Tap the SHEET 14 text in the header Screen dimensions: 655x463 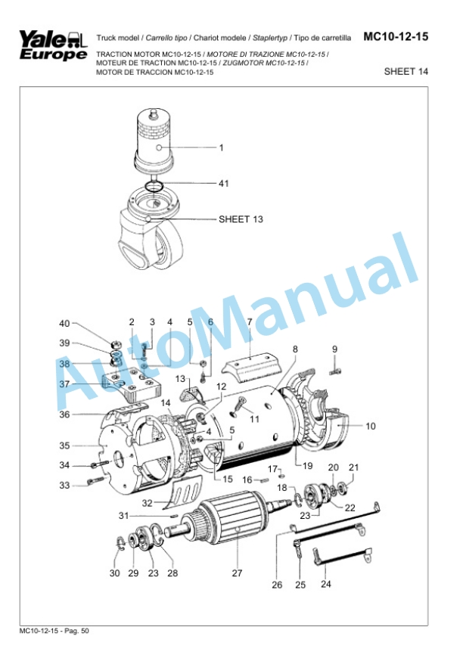tap(406, 72)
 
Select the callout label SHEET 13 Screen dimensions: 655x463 tap(241, 220)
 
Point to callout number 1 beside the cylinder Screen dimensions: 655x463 tap(222, 148)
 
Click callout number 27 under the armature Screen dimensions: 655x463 tap(237, 573)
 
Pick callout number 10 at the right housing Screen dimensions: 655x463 tap(371, 427)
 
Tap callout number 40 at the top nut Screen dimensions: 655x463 tap(64, 324)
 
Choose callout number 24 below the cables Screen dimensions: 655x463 tap(326, 583)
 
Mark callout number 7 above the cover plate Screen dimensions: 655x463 tap(248, 322)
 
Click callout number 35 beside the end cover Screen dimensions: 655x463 tap(64, 445)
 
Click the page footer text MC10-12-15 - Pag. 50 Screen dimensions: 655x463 tap(54, 630)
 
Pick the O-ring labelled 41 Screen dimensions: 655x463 tap(154, 185)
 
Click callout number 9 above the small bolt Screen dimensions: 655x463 tap(334, 349)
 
